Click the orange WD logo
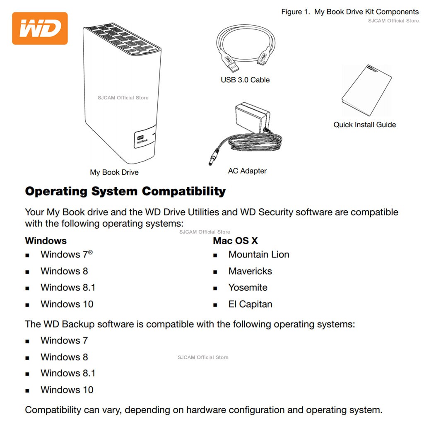click(x=40, y=28)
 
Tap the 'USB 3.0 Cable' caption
click(x=245, y=80)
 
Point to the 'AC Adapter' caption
click(x=247, y=171)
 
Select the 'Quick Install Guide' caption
click(x=364, y=125)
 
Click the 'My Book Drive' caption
click(x=114, y=172)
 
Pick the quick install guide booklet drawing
click(x=366, y=90)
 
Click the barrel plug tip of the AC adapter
click(x=211, y=162)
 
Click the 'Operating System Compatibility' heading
click(x=125, y=191)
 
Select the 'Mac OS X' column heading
click(x=235, y=241)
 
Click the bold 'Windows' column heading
click(x=46, y=241)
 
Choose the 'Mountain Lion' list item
click(x=259, y=255)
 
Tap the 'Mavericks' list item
click(x=250, y=271)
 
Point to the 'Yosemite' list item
click(x=248, y=287)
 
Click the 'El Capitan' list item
click(x=250, y=304)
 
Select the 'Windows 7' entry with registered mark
click(x=67, y=254)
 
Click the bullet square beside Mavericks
click(x=215, y=272)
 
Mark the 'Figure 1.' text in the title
click(x=296, y=12)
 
